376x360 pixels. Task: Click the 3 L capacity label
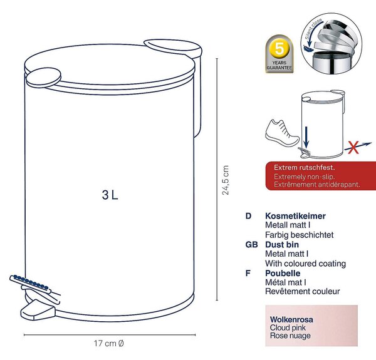point(110,195)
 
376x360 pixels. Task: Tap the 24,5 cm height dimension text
point(226,180)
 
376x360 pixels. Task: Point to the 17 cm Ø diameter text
point(109,343)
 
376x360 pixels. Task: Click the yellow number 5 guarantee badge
point(279,49)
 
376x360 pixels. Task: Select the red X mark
point(353,147)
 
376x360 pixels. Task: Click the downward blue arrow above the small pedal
point(306,138)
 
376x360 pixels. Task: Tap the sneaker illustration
point(282,133)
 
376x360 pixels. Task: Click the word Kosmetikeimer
point(295,216)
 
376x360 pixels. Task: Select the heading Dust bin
point(282,245)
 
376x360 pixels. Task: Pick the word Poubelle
point(283,273)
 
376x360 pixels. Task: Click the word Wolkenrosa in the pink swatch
point(291,319)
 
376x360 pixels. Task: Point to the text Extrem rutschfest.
point(305,167)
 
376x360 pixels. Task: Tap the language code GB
point(251,245)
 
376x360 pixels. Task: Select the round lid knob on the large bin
point(44,76)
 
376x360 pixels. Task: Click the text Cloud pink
point(288,327)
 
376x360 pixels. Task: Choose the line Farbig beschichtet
point(300,235)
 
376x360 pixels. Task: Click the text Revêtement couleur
point(303,292)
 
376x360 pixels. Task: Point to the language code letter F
point(248,273)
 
